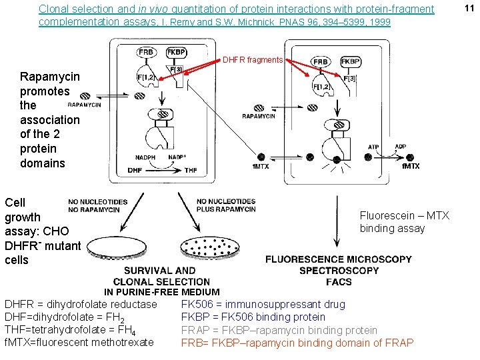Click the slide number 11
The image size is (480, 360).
[x=468, y=8]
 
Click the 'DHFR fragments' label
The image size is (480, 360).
[x=253, y=60]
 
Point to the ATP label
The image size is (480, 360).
[x=373, y=147]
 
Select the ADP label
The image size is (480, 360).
[x=401, y=147]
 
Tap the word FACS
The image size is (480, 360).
[x=339, y=282]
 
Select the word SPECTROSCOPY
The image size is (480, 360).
[x=339, y=271]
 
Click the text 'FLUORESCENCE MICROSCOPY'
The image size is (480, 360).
[x=339, y=259]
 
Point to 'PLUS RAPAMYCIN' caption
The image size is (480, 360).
[x=226, y=209]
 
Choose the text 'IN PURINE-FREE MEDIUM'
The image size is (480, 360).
[x=161, y=292]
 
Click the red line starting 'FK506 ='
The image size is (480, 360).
[x=263, y=305]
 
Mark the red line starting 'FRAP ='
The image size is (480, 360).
[x=279, y=330]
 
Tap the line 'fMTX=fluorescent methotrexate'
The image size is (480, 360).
[x=79, y=343]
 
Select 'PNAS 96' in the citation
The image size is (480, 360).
[x=299, y=22]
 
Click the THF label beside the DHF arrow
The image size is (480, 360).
[x=191, y=171]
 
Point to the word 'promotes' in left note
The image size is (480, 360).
[x=45, y=91]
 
